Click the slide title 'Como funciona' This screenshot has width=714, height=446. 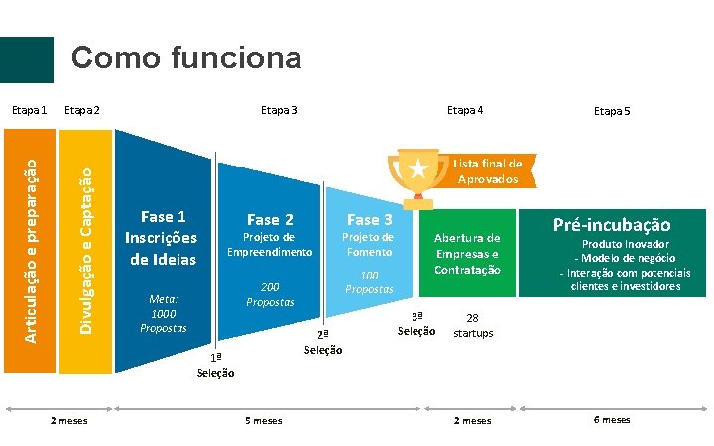pos(186,57)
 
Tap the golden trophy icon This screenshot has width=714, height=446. pos(419,174)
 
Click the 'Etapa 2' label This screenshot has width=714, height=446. pos(82,110)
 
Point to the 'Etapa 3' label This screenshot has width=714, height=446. pos(278,110)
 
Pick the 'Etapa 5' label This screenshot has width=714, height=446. pos(611,112)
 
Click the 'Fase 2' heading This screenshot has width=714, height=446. pos(270,219)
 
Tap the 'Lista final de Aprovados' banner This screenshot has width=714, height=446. pos(488,170)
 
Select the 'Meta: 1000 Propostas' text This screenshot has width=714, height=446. pos(162,312)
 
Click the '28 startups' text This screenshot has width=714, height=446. pos(473,326)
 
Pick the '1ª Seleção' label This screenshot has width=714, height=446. pos(215,365)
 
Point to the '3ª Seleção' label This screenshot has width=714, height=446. pos(416,323)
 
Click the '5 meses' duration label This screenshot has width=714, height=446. pos(264,421)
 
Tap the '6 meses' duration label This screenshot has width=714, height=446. pos(611,420)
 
